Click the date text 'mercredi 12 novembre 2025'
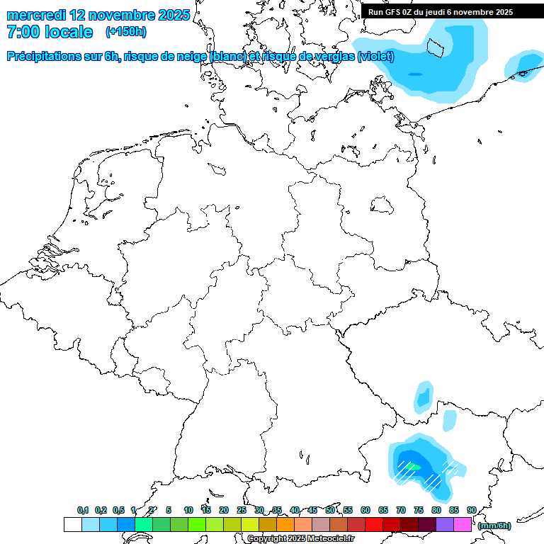98,15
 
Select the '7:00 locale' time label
50,32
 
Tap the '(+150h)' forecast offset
126,32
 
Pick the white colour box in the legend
72,525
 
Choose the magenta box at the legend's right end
463,525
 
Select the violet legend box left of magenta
445,525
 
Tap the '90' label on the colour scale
471,510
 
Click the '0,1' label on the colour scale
83,510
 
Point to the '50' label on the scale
330,510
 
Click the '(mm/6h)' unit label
494,526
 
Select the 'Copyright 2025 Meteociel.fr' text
300,538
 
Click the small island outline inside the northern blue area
436,47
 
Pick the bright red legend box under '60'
374,525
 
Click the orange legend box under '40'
285,525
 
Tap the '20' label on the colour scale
224,510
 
